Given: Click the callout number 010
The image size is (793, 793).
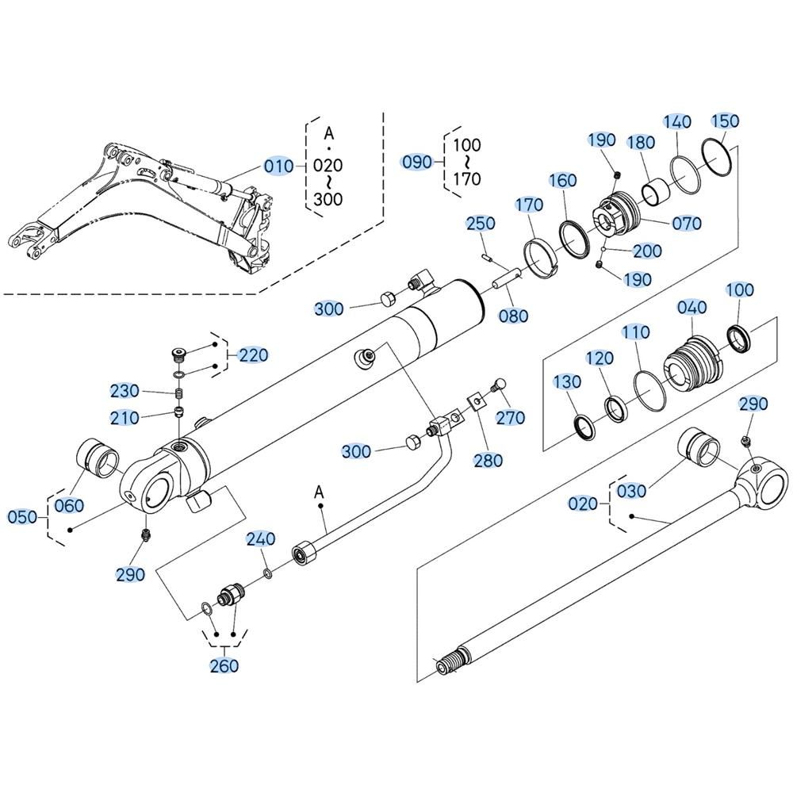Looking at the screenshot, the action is point(278,166).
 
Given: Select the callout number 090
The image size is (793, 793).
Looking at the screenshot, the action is point(417,162).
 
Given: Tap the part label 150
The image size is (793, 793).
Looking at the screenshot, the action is point(725,121).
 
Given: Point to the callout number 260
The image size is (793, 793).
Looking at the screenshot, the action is point(224,665).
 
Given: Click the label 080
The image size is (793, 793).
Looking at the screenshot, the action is point(513,316).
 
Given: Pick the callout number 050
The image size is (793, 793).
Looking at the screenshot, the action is point(23,517).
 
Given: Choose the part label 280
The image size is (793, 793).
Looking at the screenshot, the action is point(488,460).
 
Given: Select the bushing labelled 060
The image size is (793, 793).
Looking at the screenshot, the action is point(98,458).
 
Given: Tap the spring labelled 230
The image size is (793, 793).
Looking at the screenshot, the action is point(179,393).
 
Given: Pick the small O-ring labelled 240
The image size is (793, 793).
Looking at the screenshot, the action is point(267,573).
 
